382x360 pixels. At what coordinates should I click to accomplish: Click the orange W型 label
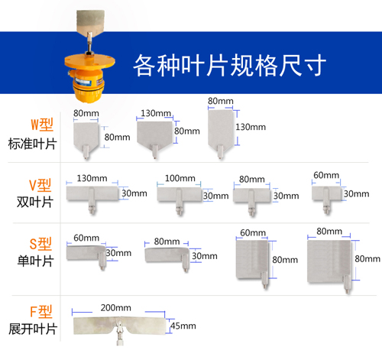[42, 125]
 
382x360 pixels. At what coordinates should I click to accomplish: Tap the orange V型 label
[40, 185]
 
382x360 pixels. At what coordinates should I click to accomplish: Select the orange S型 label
[40, 244]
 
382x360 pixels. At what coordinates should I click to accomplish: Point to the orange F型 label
[41, 312]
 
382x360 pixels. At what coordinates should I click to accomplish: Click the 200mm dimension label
[116, 308]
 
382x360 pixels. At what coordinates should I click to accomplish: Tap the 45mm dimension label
[183, 326]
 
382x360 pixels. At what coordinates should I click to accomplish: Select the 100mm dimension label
[180, 178]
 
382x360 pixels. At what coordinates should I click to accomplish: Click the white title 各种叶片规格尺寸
[230, 65]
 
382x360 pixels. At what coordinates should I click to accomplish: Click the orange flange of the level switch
[89, 61]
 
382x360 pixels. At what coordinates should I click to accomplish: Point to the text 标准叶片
[32, 144]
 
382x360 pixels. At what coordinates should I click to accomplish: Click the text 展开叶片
[32, 329]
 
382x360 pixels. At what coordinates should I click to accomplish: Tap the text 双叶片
[35, 203]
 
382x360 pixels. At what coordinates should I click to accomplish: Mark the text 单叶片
[35, 261]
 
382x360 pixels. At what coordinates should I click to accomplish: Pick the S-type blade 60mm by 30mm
[86, 254]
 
